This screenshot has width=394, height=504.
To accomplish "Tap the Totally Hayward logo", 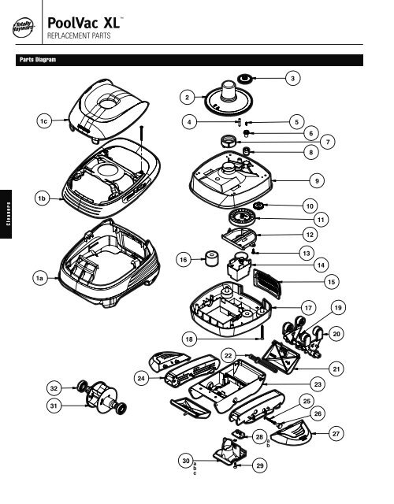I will click(25, 30).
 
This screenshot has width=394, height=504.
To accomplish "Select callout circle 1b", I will click(39, 198).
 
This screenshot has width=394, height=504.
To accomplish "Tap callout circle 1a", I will click(39, 277).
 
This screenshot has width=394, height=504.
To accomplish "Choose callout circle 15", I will click(332, 280).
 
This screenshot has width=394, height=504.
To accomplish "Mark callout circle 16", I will click(183, 259).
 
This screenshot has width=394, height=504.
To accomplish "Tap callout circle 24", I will click(142, 379).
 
